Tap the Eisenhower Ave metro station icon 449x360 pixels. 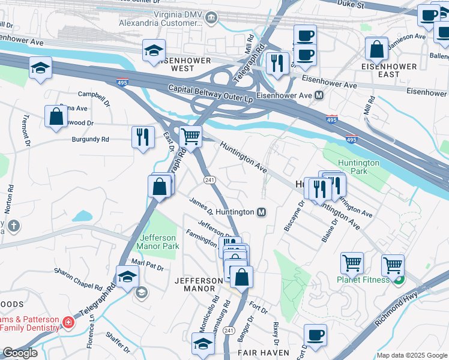click(x=319, y=95)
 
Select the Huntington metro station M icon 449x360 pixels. click(x=261, y=212)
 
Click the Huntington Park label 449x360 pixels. click(x=358, y=167)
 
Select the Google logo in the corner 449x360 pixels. click(x=19, y=353)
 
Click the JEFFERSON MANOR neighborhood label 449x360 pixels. click(x=199, y=286)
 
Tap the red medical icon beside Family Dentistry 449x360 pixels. click(x=69, y=322)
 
